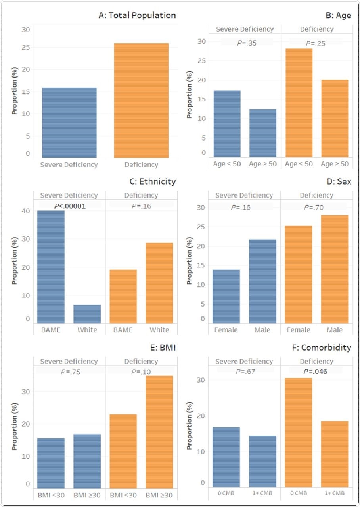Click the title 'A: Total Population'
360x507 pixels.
click(x=137, y=15)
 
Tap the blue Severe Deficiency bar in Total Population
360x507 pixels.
click(x=69, y=122)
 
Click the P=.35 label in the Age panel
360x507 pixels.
click(x=247, y=43)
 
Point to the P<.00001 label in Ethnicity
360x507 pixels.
click(x=70, y=205)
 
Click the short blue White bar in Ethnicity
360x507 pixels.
click(x=87, y=314)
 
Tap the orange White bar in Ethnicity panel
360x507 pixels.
click(x=159, y=283)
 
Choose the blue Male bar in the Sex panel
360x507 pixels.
click(x=262, y=281)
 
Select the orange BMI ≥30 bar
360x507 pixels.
click(x=159, y=432)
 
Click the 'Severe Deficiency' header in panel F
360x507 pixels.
click(x=244, y=361)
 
